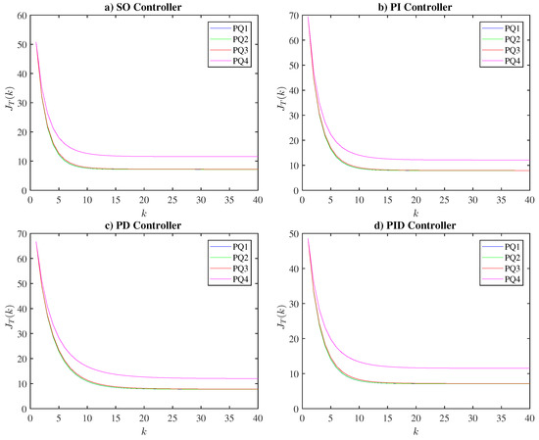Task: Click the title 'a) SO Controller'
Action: tap(143, 7)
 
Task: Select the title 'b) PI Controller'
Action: tap(415, 7)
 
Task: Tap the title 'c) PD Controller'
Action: tap(143, 225)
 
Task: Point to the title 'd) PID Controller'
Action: tap(416, 225)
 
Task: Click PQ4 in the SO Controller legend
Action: tap(241, 61)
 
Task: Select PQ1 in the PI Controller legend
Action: tap(513, 28)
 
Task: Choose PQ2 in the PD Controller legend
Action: tap(241, 258)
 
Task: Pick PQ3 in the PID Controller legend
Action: tap(513, 269)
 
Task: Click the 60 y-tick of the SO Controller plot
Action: tap(22, 16)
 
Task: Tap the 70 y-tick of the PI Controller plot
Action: tap(293, 16)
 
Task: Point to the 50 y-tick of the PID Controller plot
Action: tap(293, 234)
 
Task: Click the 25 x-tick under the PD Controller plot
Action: tap(172, 418)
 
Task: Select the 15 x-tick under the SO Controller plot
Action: tap(116, 200)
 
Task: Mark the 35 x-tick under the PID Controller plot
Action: tap(501, 418)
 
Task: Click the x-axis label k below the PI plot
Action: tap(416, 214)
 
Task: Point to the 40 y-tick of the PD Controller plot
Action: tap(22, 309)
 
